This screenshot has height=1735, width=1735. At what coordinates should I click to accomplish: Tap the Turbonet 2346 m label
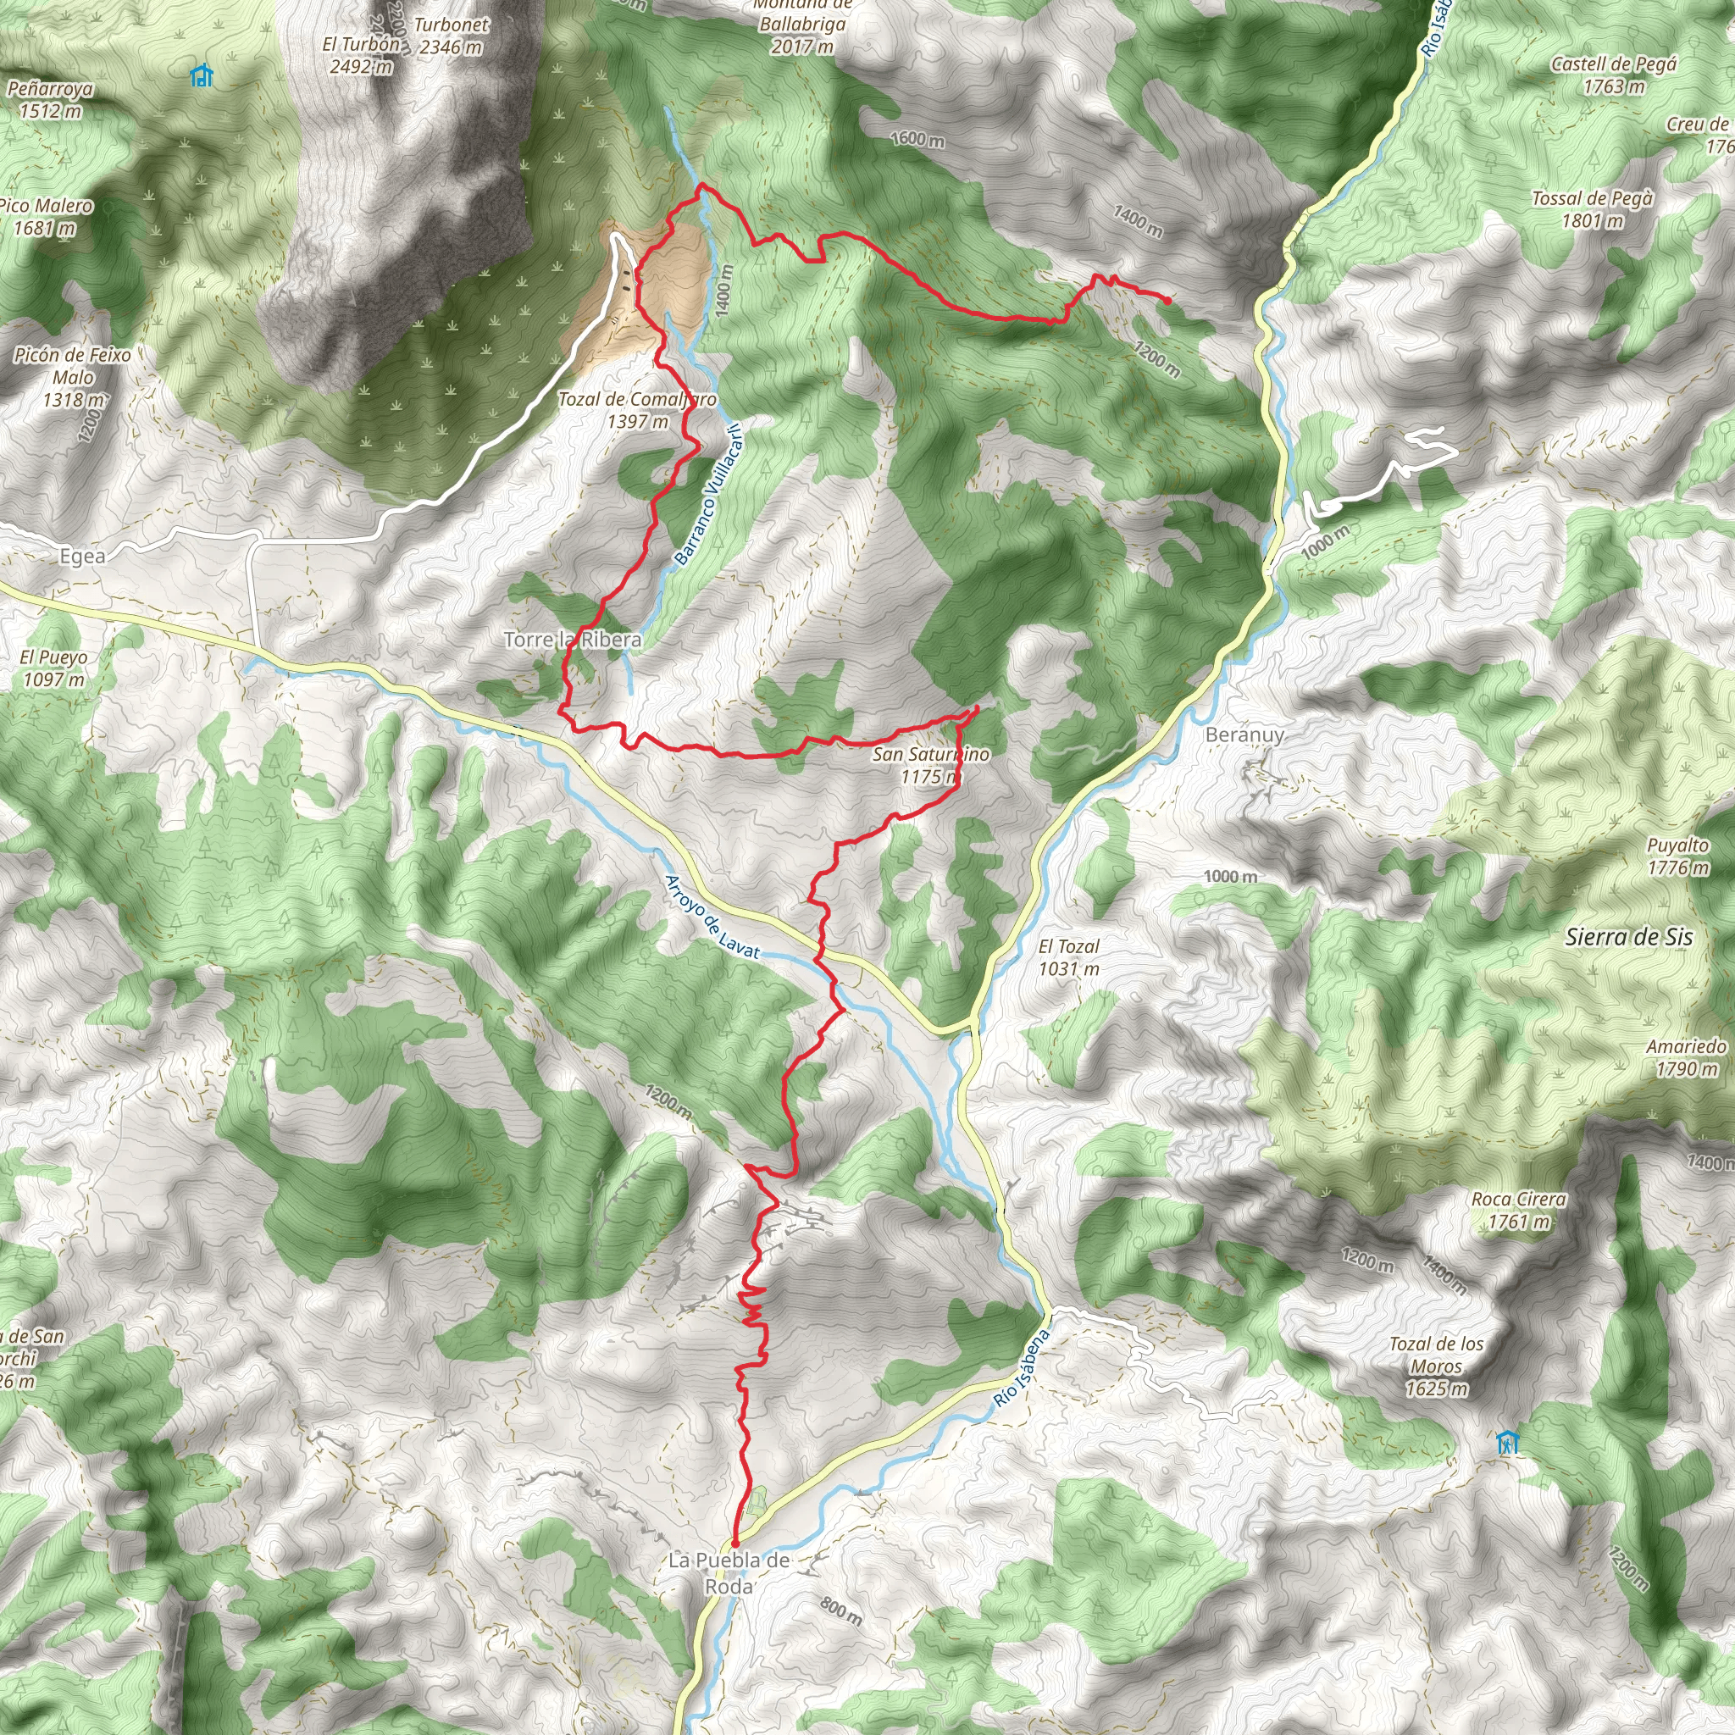click(x=451, y=36)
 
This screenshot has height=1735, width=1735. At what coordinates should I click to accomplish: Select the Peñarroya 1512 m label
click(x=49, y=100)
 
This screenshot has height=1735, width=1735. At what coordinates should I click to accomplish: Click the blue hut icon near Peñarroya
click(x=202, y=75)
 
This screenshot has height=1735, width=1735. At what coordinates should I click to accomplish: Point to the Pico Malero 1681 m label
click(x=45, y=216)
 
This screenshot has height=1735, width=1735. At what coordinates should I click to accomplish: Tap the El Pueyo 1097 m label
click(x=54, y=668)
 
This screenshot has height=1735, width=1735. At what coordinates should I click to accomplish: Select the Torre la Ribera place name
click(x=573, y=640)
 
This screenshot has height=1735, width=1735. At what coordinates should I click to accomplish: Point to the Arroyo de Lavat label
click(x=712, y=916)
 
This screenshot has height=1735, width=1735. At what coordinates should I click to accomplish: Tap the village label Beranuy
click(x=1244, y=734)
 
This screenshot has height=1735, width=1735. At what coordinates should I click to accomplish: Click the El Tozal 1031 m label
click(x=1068, y=957)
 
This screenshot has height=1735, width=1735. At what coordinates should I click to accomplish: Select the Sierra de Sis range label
click(x=1629, y=938)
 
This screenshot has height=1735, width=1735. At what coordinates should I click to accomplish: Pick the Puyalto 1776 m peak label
click(x=1677, y=856)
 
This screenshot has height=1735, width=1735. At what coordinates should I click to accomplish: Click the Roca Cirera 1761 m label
click(x=1519, y=1210)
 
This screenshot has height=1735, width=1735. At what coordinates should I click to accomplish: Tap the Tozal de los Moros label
click(x=1436, y=1366)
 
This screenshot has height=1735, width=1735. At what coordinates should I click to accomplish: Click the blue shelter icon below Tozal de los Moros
click(x=1508, y=1442)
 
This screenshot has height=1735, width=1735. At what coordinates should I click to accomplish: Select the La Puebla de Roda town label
click(x=729, y=1572)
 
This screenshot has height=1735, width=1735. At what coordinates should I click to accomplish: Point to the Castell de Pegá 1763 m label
click(x=1614, y=75)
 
